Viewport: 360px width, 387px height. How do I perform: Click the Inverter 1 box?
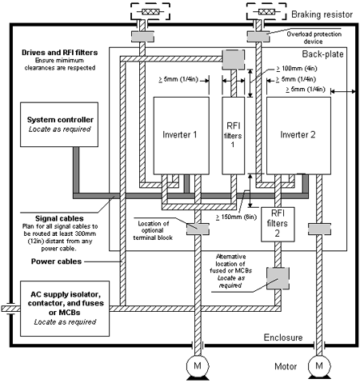tap(181, 136)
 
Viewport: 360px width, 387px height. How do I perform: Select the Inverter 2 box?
tap(298, 136)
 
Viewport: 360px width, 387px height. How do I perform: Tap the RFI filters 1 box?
tap(234, 136)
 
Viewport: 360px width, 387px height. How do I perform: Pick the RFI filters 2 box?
tap(278, 225)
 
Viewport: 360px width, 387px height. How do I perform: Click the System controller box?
tap(59, 125)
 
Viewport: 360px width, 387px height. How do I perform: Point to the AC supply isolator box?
tap(65, 309)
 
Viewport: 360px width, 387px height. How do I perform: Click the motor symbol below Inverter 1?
tap(198, 367)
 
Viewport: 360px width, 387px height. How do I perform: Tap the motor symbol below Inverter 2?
tap(319, 367)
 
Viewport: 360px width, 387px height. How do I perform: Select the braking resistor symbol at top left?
tap(150, 11)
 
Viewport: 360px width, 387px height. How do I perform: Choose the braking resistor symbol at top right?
tap(266, 11)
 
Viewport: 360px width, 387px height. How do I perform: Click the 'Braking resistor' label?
tap(322, 14)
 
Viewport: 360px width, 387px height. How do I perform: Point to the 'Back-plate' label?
tap(322, 54)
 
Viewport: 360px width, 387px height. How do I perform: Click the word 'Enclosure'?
tap(283, 337)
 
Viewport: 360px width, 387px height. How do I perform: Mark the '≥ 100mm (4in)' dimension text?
tap(297, 69)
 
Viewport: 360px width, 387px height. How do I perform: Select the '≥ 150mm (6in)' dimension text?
tap(236, 217)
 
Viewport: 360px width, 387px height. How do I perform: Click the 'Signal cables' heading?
tap(59, 218)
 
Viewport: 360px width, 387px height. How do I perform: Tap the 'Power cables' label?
tap(56, 261)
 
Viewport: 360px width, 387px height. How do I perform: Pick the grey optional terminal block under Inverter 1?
tap(198, 229)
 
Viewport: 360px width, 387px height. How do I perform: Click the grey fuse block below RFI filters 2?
tap(278, 278)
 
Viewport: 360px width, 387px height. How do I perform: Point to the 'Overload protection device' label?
tap(314, 38)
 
